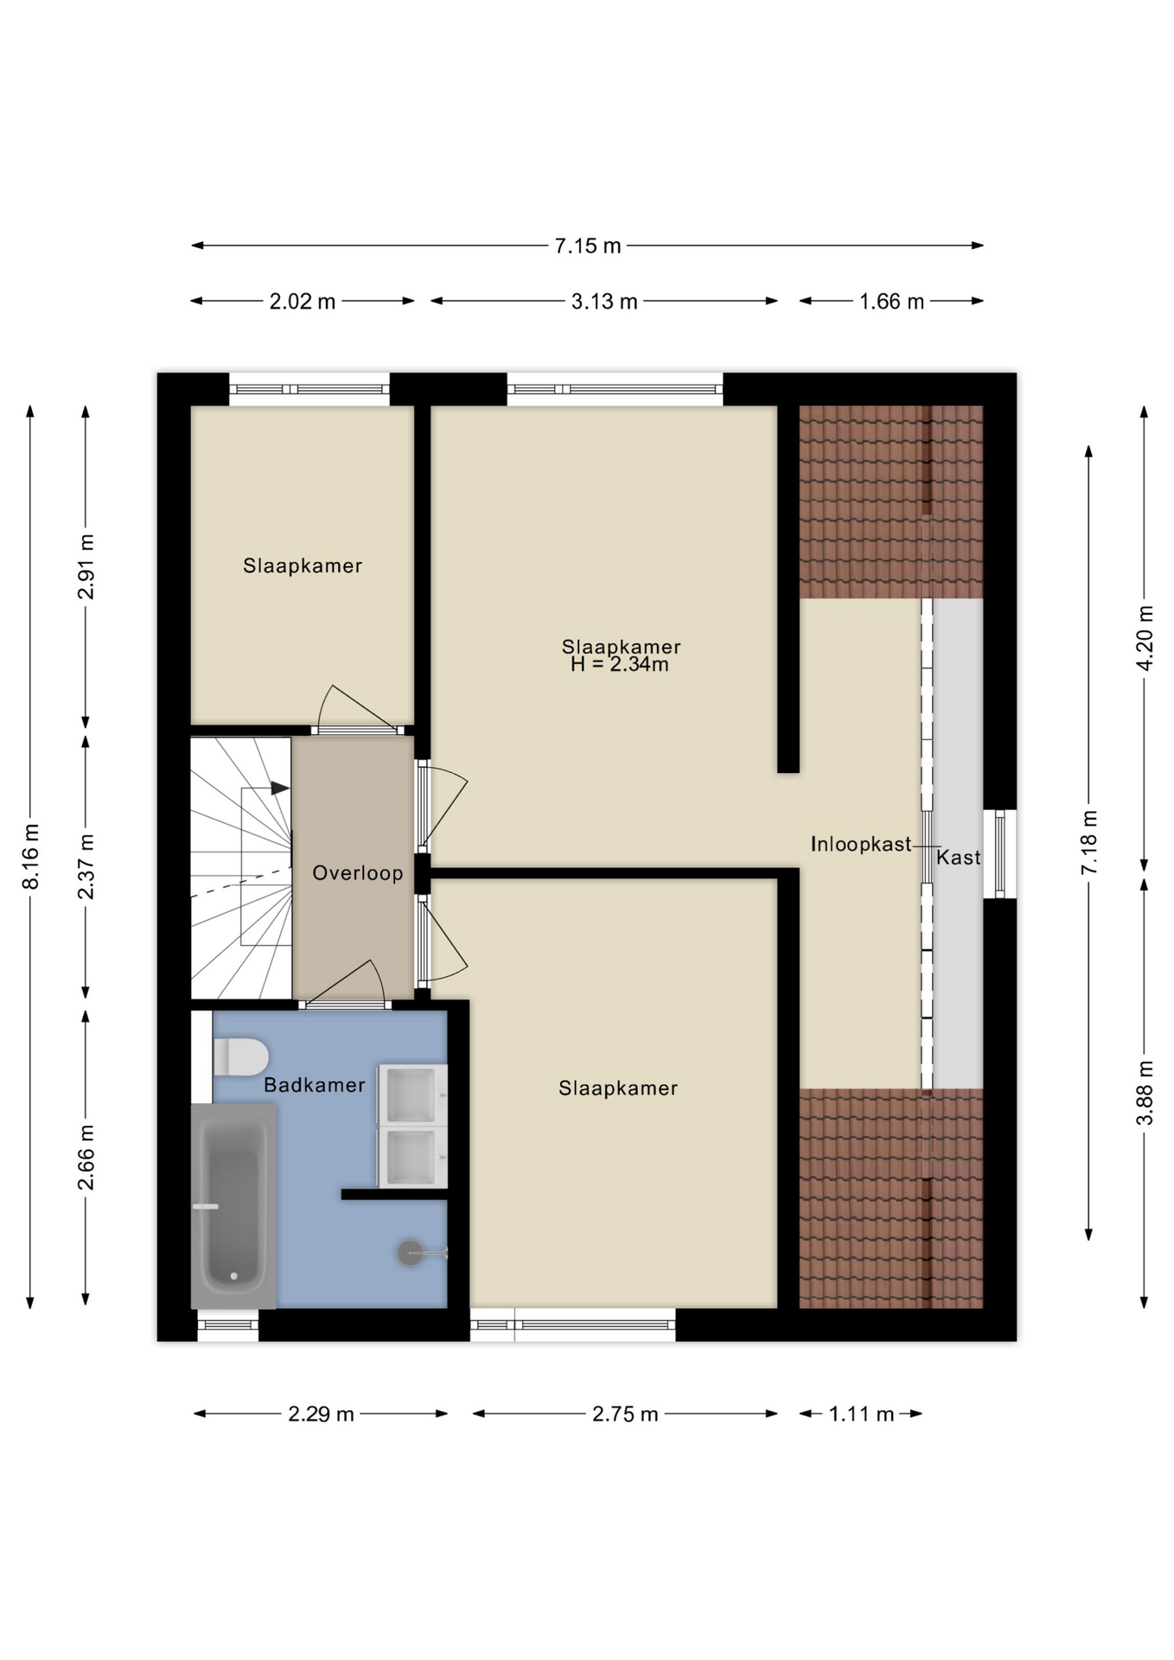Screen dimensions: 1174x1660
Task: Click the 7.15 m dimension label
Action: coord(588,246)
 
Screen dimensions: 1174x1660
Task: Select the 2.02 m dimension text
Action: coord(303,302)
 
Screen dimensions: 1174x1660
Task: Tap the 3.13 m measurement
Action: coord(604,302)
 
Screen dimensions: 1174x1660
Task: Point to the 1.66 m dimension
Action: coord(891,302)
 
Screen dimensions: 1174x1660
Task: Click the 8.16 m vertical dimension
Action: coord(31,856)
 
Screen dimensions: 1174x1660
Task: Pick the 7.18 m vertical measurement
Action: coord(1089,842)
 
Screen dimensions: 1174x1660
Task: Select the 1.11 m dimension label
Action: coord(861,1414)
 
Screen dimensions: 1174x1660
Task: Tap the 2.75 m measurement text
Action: coord(625,1414)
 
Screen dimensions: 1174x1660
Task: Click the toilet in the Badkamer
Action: coord(240,1057)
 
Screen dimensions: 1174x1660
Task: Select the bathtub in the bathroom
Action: coord(233,1206)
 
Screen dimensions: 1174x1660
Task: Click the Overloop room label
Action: coord(358,873)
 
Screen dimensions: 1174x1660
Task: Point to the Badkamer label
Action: coord(315,1085)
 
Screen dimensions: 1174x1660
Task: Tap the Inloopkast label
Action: coord(861,844)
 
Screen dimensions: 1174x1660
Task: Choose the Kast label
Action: coord(959,858)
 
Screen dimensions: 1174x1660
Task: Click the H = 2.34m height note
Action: coord(620,665)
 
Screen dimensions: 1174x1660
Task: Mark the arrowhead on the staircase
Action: coord(280,788)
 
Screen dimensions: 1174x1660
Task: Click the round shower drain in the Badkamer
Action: coord(410,1253)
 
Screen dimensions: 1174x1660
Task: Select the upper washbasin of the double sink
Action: coord(412,1094)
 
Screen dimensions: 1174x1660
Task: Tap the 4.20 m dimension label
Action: coord(1145,638)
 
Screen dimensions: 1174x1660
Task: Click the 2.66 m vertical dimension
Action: coord(86,1158)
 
